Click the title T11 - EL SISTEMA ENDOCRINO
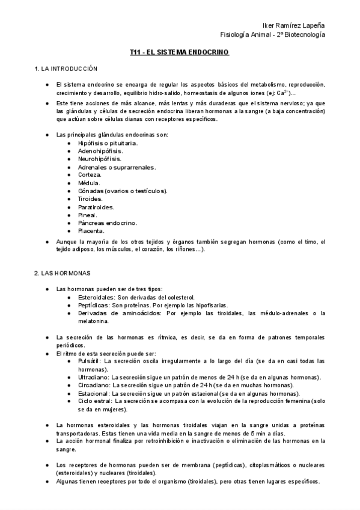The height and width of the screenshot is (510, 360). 180,53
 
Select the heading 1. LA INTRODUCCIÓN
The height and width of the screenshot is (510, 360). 66,69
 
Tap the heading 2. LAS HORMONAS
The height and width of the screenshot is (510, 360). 62,273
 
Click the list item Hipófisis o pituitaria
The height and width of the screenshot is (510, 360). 108,143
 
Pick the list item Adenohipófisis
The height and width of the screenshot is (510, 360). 100,151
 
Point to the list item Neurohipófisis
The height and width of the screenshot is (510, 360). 100,159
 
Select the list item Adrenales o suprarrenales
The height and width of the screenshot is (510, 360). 117,167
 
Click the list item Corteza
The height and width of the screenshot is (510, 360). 90,175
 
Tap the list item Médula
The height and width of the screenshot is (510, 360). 89,183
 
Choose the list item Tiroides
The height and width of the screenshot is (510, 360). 90,198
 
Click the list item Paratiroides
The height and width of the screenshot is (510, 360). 96,207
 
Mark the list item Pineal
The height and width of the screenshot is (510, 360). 87,215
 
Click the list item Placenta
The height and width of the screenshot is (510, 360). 91,230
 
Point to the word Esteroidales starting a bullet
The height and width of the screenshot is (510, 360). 96,297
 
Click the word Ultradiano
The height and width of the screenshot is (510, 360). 94,377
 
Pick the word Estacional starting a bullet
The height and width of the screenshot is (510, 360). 94,393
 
